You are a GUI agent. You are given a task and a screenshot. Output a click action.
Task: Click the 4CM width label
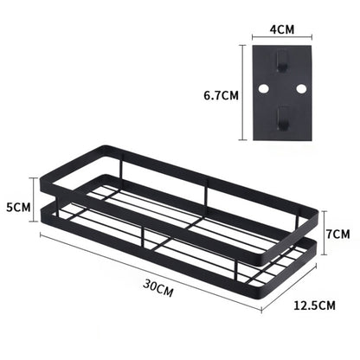pos(282,29)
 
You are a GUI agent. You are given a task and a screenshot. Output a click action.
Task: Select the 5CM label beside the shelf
pos(18,209)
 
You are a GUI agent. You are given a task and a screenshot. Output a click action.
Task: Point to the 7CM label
pos(338,234)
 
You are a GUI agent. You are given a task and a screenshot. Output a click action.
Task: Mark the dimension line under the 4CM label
pos(282,39)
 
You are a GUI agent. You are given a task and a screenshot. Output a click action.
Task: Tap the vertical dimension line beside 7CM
pos(322,233)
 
